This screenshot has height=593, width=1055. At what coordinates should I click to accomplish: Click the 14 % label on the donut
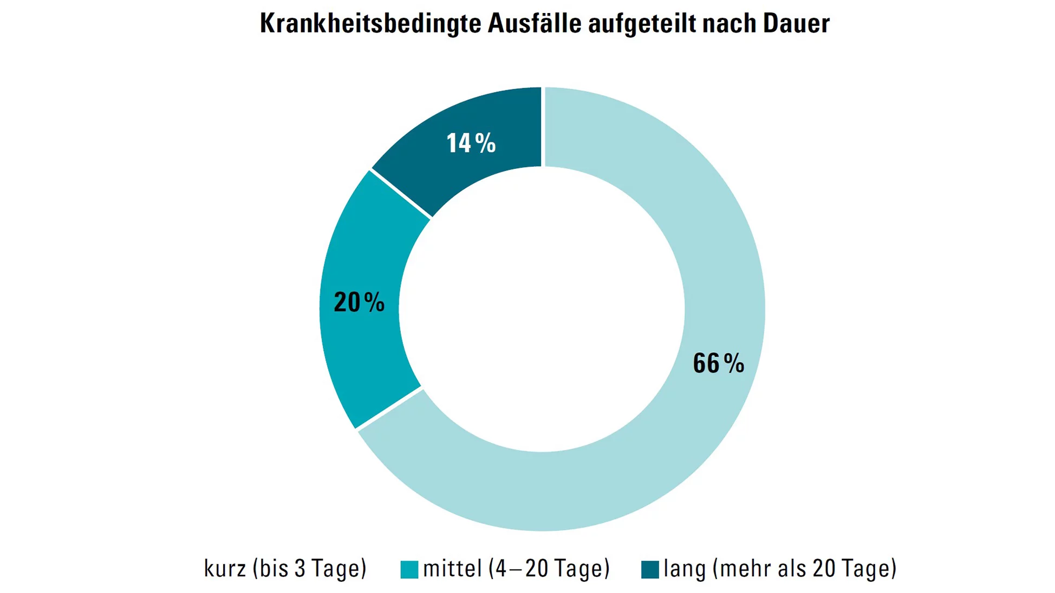click(x=471, y=143)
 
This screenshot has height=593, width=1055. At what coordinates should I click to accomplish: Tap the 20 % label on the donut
click(x=359, y=302)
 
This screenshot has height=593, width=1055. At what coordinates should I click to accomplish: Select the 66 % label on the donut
click(x=718, y=363)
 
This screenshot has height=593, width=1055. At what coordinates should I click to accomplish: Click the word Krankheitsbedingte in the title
click(x=370, y=24)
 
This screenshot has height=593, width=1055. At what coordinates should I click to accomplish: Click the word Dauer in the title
click(x=796, y=24)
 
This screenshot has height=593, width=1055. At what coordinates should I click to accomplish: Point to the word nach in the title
click(x=730, y=24)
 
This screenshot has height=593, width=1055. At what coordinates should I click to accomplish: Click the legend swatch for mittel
click(x=409, y=570)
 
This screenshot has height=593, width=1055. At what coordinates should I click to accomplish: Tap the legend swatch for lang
click(x=650, y=570)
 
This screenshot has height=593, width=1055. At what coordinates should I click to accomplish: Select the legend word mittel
click(x=452, y=569)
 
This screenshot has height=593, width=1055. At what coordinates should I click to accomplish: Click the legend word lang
click(x=685, y=569)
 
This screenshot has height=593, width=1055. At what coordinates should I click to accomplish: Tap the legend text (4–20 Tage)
click(x=549, y=569)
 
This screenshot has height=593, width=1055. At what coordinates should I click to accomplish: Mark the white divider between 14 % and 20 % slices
click(x=401, y=194)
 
